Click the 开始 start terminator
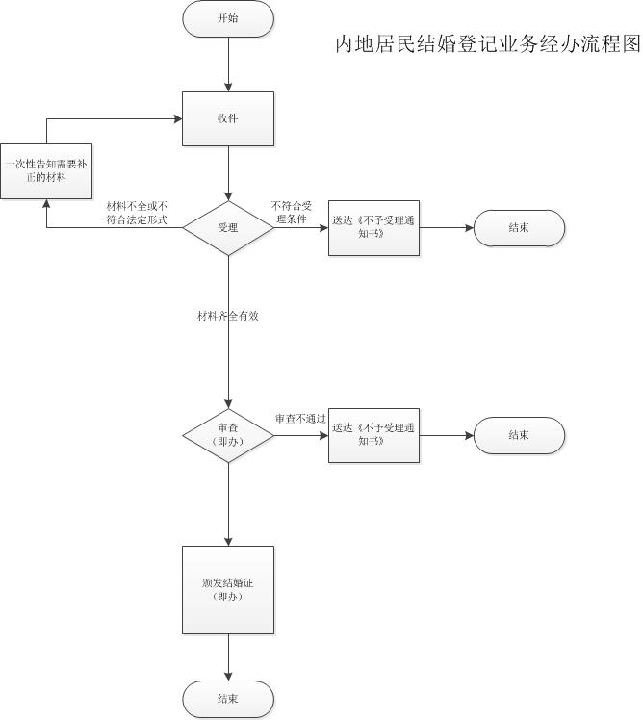[x=228, y=18]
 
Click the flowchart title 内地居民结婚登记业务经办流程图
[x=486, y=44]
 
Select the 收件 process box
[x=228, y=118]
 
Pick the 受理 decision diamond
[x=228, y=228]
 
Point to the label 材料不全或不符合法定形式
[x=137, y=213]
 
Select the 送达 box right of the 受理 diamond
[x=373, y=228]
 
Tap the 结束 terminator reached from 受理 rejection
[x=519, y=228]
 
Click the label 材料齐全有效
[x=228, y=316]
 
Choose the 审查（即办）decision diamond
[x=228, y=435]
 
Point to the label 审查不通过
[x=300, y=419]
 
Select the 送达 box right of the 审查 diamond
[x=373, y=435]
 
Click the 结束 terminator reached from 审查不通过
[x=519, y=435]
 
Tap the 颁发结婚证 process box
[x=228, y=589]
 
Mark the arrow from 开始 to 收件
[x=228, y=64]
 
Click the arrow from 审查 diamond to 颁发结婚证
[x=228, y=504]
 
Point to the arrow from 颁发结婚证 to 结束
[x=228, y=656]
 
